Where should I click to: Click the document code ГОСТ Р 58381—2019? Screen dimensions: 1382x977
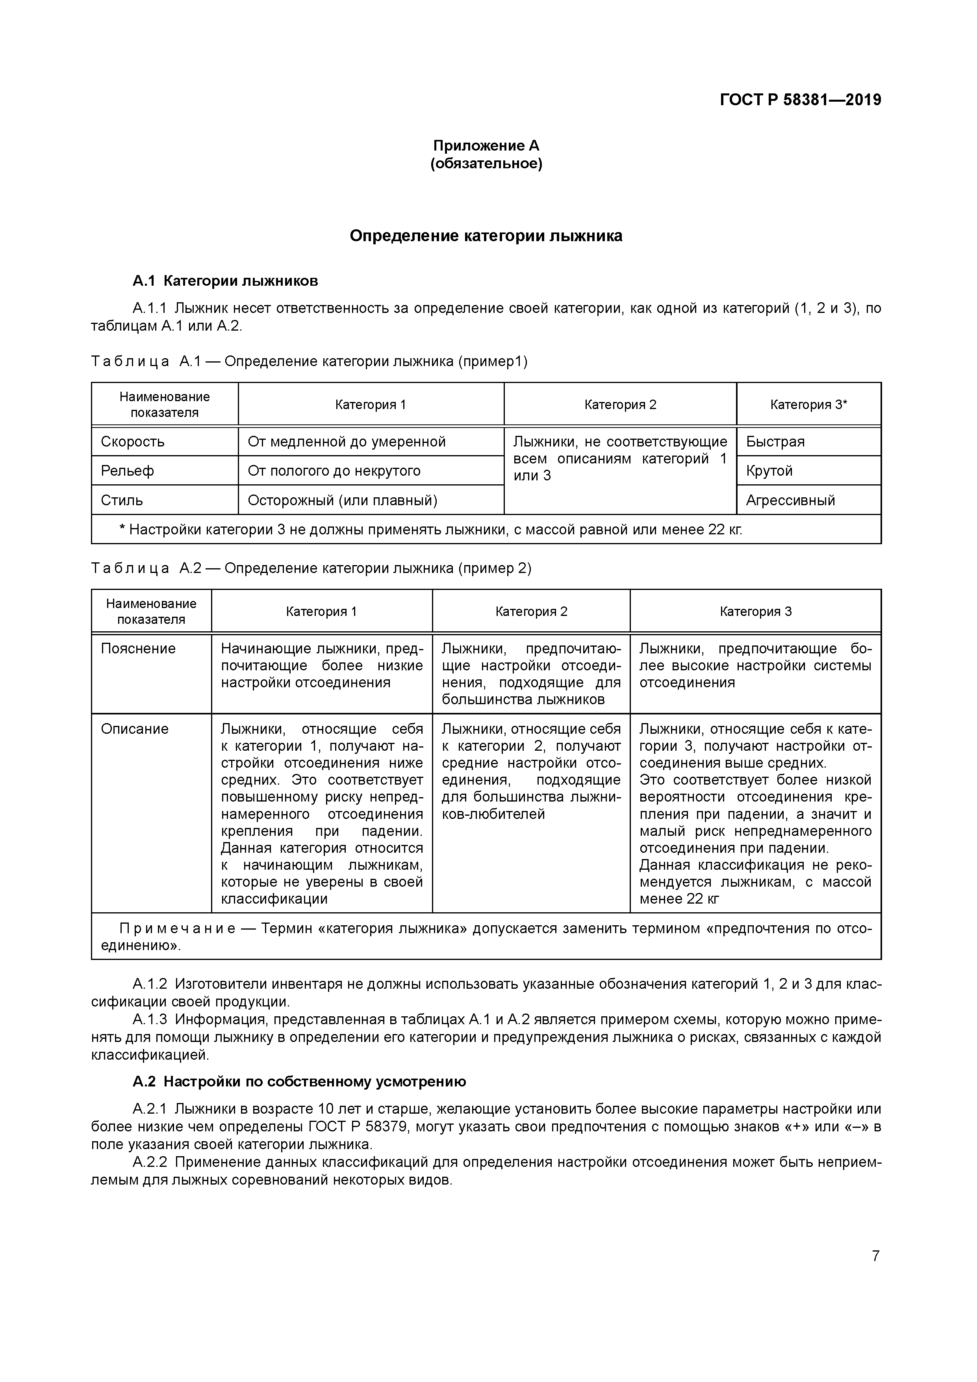tap(800, 100)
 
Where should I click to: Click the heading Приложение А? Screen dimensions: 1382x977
tap(486, 146)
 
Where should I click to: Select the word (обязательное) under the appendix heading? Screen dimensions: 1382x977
tap(486, 164)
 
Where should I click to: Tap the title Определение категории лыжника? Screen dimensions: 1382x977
tap(486, 236)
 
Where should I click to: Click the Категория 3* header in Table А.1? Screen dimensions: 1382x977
tap(808, 404)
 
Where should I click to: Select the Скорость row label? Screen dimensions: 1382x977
tap(133, 442)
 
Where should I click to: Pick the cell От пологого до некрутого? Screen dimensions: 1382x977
tap(334, 471)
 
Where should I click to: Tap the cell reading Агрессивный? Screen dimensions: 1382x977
tap(790, 500)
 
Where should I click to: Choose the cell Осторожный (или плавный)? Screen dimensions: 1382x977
tap(342, 500)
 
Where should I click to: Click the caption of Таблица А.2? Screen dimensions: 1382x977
tap(311, 568)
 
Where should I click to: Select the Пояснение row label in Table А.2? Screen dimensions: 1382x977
tap(138, 649)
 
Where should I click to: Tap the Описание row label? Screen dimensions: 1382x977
tap(135, 729)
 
